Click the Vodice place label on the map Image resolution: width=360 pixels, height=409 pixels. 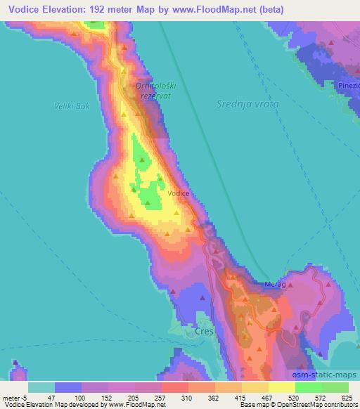tap(177, 192)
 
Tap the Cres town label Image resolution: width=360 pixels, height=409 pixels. tap(204, 330)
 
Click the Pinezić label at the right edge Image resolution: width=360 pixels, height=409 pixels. tap(349, 84)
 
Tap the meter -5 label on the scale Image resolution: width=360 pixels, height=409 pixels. tap(15, 397)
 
